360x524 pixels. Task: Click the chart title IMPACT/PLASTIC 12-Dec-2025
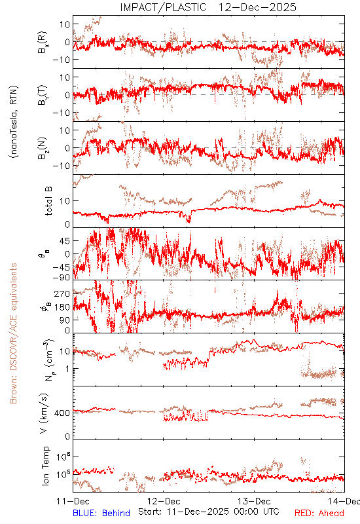[x=208, y=7]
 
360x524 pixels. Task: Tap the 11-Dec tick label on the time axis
[x=73, y=501]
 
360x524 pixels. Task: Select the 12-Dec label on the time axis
[x=164, y=501]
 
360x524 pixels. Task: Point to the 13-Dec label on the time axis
[x=254, y=501]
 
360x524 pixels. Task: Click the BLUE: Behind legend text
[x=101, y=513]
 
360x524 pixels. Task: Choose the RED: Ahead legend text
[x=319, y=513]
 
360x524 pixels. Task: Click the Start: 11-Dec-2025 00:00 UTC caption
[x=209, y=512]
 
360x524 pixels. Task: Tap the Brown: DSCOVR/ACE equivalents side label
[x=13, y=333]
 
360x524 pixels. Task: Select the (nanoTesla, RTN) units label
[x=14, y=122]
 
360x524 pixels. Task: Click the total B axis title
[x=48, y=201]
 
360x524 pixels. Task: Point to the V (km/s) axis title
[x=44, y=413]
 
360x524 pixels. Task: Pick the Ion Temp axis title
[x=45, y=466]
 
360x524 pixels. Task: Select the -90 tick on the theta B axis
[x=62, y=277]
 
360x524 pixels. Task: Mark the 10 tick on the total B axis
[x=65, y=201]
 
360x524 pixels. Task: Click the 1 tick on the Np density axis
[x=68, y=369]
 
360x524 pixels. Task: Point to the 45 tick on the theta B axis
[x=65, y=241]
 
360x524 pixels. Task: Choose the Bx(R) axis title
[x=43, y=42]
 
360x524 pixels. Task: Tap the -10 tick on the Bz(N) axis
[x=62, y=166]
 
